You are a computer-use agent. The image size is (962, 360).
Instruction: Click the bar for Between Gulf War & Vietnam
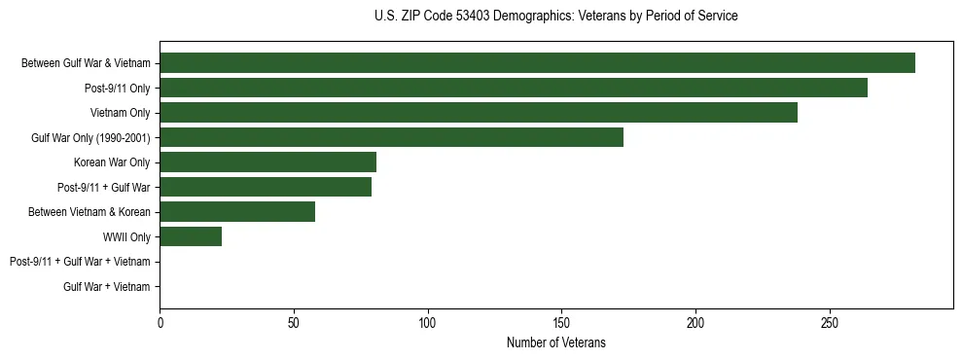click(537, 63)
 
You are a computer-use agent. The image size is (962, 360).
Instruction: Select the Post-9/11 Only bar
click(514, 88)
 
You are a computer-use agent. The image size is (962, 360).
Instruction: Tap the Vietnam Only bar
click(479, 113)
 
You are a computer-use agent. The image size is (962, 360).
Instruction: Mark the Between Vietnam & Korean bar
click(237, 212)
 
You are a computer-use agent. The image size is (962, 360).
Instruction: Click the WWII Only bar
click(191, 236)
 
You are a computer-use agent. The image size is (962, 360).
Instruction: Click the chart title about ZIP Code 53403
click(555, 17)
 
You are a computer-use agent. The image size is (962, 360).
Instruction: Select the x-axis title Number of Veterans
click(555, 342)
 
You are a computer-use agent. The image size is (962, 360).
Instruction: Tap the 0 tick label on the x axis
click(160, 323)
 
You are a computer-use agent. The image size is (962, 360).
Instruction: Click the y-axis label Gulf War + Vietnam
click(106, 286)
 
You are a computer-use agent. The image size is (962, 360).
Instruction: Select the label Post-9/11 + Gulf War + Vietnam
click(80, 262)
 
